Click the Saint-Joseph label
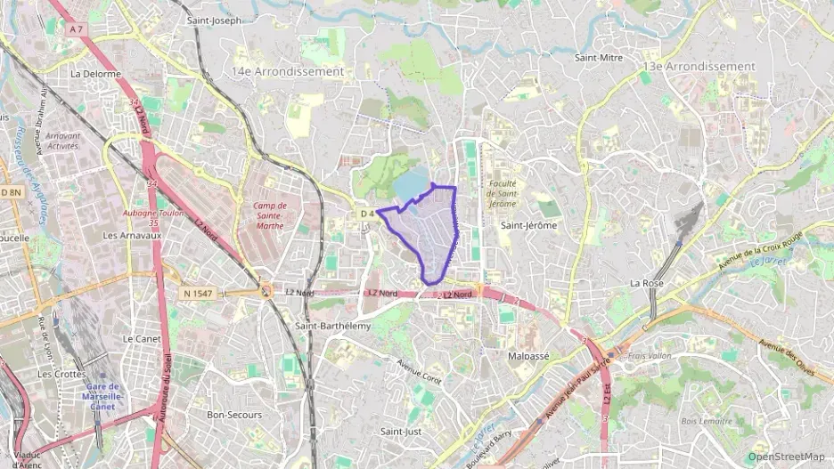tap(214, 20)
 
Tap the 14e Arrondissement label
tap(287, 71)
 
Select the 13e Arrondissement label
tap(699, 66)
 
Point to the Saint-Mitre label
tap(598, 58)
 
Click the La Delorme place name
tap(95, 74)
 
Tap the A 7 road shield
tap(76, 29)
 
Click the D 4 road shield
tap(367, 214)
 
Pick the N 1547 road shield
tap(198, 293)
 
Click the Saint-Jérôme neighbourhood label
tap(528, 226)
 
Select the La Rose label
tap(646, 283)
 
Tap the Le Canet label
tap(140, 339)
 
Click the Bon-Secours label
tap(233, 415)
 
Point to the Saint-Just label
tap(401, 432)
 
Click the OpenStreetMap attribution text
tap(786, 456)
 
